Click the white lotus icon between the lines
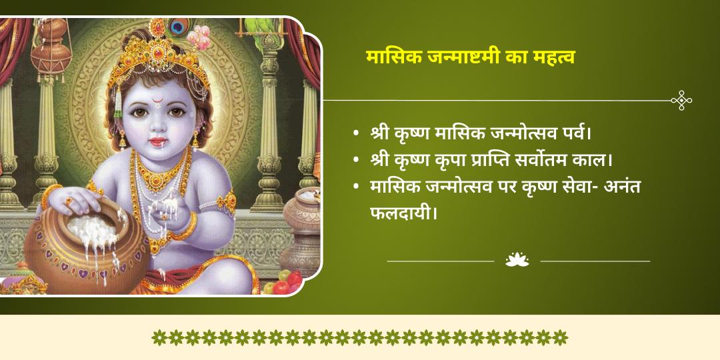pyautogui.click(x=517, y=260)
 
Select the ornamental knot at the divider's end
pyautogui.click(x=681, y=101)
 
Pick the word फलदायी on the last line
pyautogui.click(x=403, y=214)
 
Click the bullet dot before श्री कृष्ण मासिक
pyautogui.click(x=357, y=133)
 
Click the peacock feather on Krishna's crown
pyautogui.click(x=177, y=27)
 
